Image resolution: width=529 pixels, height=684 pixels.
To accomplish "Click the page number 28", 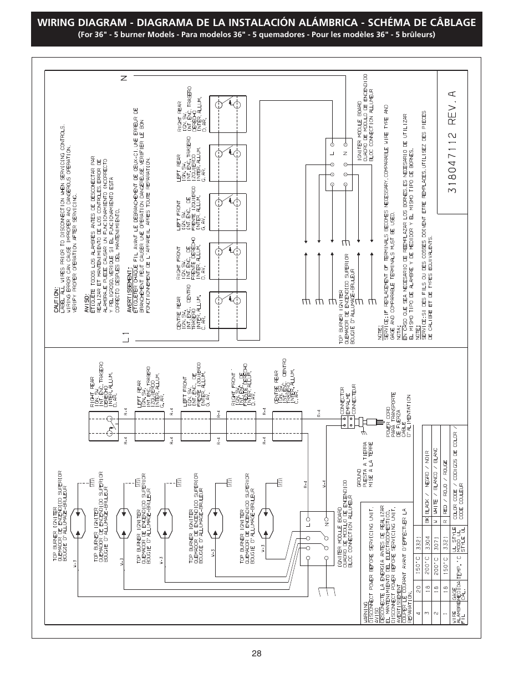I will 256,654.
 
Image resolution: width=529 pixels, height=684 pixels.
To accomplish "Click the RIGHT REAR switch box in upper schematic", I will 227,110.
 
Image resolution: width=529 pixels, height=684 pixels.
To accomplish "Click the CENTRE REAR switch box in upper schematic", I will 227,307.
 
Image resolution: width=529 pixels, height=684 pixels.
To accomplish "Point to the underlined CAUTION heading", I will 57,300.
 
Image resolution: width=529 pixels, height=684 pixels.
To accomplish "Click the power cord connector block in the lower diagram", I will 348,421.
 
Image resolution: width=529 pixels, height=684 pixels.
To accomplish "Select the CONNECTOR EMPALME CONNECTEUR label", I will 348,400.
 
